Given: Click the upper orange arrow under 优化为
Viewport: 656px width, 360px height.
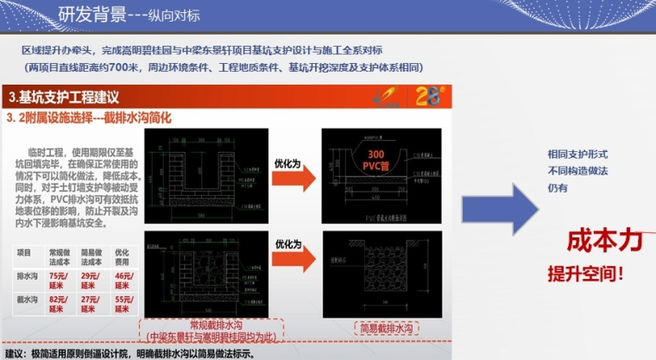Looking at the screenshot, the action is click(x=288, y=174).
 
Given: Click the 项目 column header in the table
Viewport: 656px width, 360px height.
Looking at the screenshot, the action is click(x=24, y=253).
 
